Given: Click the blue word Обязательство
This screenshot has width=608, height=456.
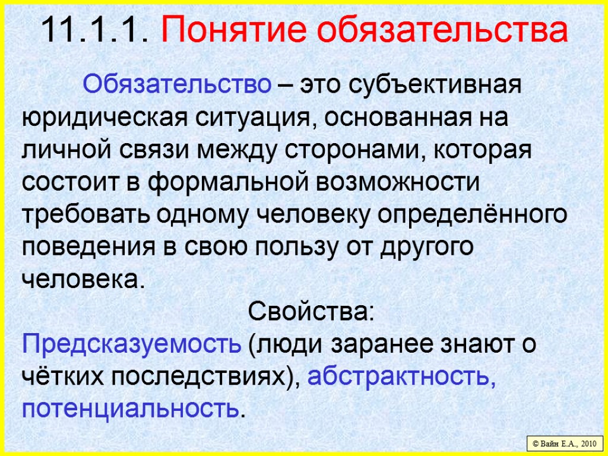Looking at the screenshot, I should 176,85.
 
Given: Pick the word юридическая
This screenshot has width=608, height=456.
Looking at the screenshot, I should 103,117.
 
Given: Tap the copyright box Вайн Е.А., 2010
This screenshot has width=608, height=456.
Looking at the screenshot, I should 565,444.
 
